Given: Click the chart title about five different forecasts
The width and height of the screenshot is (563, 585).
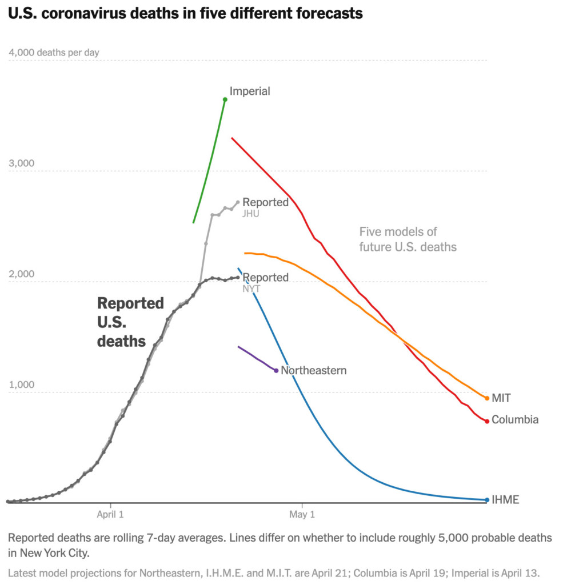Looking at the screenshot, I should pyautogui.click(x=185, y=13).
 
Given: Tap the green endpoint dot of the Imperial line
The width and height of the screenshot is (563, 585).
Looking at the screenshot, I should pyautogui.click(x=225, y=99).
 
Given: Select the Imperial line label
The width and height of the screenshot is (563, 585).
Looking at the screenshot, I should pyautogui.click(x=250, y=91).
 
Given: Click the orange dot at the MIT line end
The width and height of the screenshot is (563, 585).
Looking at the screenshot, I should pyautogui.click(x=487, y=398).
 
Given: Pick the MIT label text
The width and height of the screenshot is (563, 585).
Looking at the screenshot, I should pyautogui.click(x=501, y=398).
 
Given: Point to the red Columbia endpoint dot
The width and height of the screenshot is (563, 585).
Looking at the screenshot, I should pyautogui.click(x=487, y=421).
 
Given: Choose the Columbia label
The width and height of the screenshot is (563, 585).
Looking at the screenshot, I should pyautogui.click(x=515, y=420).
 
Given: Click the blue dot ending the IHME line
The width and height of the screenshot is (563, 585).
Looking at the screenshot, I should pyautogui.click(x=487, y=500).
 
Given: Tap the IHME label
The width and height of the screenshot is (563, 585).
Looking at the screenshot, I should pyautogui.click(x=505, y=500).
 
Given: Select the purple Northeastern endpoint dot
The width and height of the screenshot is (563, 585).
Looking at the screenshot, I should pyautogui.click(x=276, y=371).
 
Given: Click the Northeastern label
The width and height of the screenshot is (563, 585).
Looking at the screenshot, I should pyautogui.click(x=314, y=370).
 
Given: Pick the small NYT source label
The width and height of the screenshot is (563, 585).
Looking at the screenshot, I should pyautogui.click(x=251, y=289).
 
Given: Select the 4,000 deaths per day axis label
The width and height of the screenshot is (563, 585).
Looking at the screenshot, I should pyautogui.click(x=54, y=53).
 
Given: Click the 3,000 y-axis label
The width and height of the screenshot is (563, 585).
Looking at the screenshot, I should pyautogui.click(x=21, y=163).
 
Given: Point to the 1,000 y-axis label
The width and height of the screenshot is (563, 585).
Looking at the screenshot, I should pyautogui.click(x=21, y=384).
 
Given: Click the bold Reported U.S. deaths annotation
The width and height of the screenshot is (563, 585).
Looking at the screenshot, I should pyautogui.click(x=130, y=322).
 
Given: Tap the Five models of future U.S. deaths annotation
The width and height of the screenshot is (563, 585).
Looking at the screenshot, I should pyautogui.click(x=408, y=239).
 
